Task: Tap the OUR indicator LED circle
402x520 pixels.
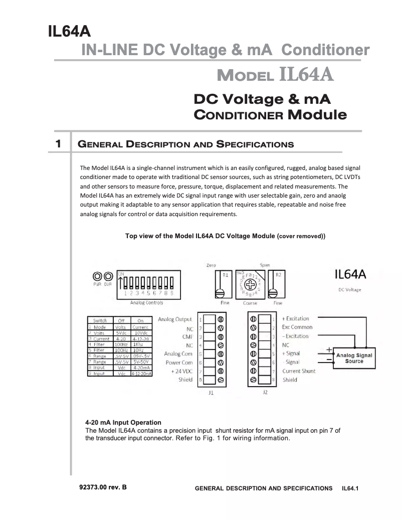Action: [x=107, y=276]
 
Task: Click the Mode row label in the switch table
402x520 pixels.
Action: [x=100, y=327]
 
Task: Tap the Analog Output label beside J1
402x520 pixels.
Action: [x=175, y=319]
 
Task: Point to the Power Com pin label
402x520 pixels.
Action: [x=179, y=363]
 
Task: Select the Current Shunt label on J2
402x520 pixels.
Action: [x=299, y=371]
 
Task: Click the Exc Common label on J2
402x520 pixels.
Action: [x=297, y=327]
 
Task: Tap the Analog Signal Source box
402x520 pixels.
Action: [x=354, y=358]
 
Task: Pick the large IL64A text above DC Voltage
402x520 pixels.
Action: [x=350, y=275]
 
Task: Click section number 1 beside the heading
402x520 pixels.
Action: [x=59, y=144]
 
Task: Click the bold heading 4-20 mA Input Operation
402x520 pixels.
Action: [x=123, y=423]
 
